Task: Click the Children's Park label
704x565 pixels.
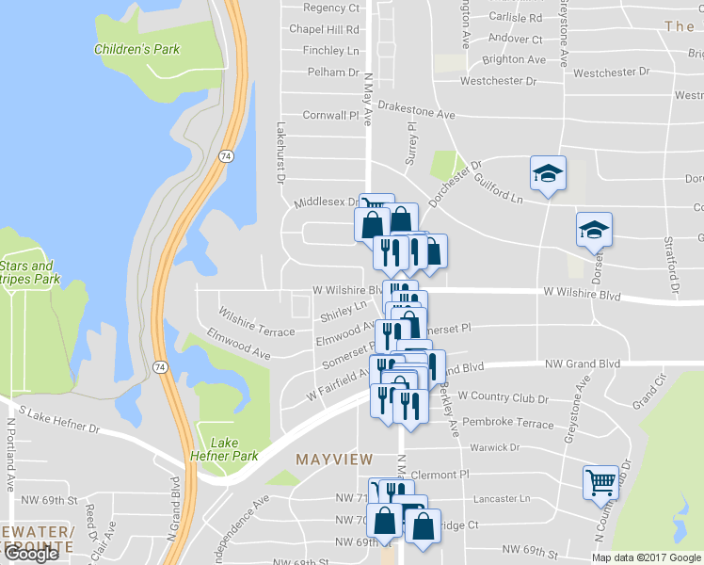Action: coord(136,49)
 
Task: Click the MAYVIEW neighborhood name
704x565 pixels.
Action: coord(329,460)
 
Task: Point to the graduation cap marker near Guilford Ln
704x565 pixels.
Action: coord(548,174)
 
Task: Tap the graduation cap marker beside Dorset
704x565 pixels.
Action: coord(594,230)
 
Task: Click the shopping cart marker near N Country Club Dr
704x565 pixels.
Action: coord(600,483)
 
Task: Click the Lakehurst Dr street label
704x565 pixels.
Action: coord(280,153)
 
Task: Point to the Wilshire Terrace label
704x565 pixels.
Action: coord(256,321)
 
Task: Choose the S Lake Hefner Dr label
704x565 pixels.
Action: coord(58,421)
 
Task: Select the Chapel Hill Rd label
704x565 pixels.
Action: coord(325,29)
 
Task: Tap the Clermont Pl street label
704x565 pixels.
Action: coord(439,475)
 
